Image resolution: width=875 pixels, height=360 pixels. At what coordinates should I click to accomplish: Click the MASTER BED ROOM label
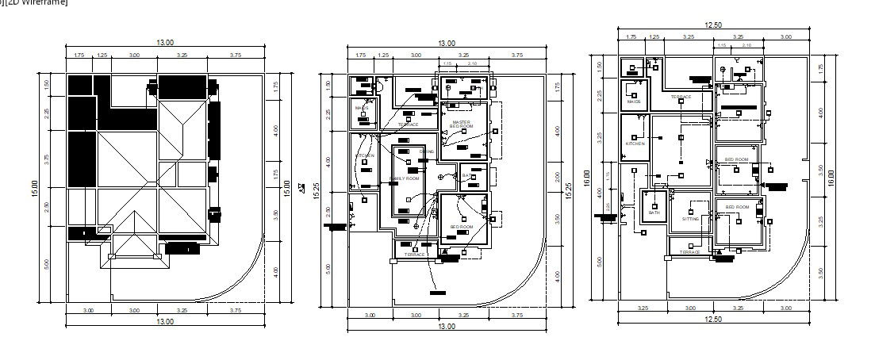461,124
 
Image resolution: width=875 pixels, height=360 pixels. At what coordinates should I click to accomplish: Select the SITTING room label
691,219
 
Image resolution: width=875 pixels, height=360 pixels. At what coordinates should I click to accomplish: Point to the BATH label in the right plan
654,213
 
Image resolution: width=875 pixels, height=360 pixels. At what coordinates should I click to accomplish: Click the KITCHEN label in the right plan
635,144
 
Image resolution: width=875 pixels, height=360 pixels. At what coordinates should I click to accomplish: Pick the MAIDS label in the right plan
634,101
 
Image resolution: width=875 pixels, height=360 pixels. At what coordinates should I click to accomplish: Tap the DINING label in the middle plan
427,151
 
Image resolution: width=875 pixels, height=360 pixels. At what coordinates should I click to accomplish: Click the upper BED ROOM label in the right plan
736,159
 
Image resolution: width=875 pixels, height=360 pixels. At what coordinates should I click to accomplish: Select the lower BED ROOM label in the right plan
736,207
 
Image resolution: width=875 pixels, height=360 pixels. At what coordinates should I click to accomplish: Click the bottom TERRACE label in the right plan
689,251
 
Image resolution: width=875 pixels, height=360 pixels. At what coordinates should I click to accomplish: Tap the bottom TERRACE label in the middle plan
414,255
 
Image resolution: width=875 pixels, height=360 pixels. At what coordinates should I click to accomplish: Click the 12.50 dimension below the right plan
712,319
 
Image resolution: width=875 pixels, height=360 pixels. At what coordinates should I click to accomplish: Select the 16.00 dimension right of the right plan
831,178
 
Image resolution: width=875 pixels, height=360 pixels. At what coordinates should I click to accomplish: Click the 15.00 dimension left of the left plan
35,189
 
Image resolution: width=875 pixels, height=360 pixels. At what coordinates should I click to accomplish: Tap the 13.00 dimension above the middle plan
447,44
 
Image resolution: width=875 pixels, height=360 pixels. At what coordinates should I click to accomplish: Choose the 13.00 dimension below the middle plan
447,326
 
